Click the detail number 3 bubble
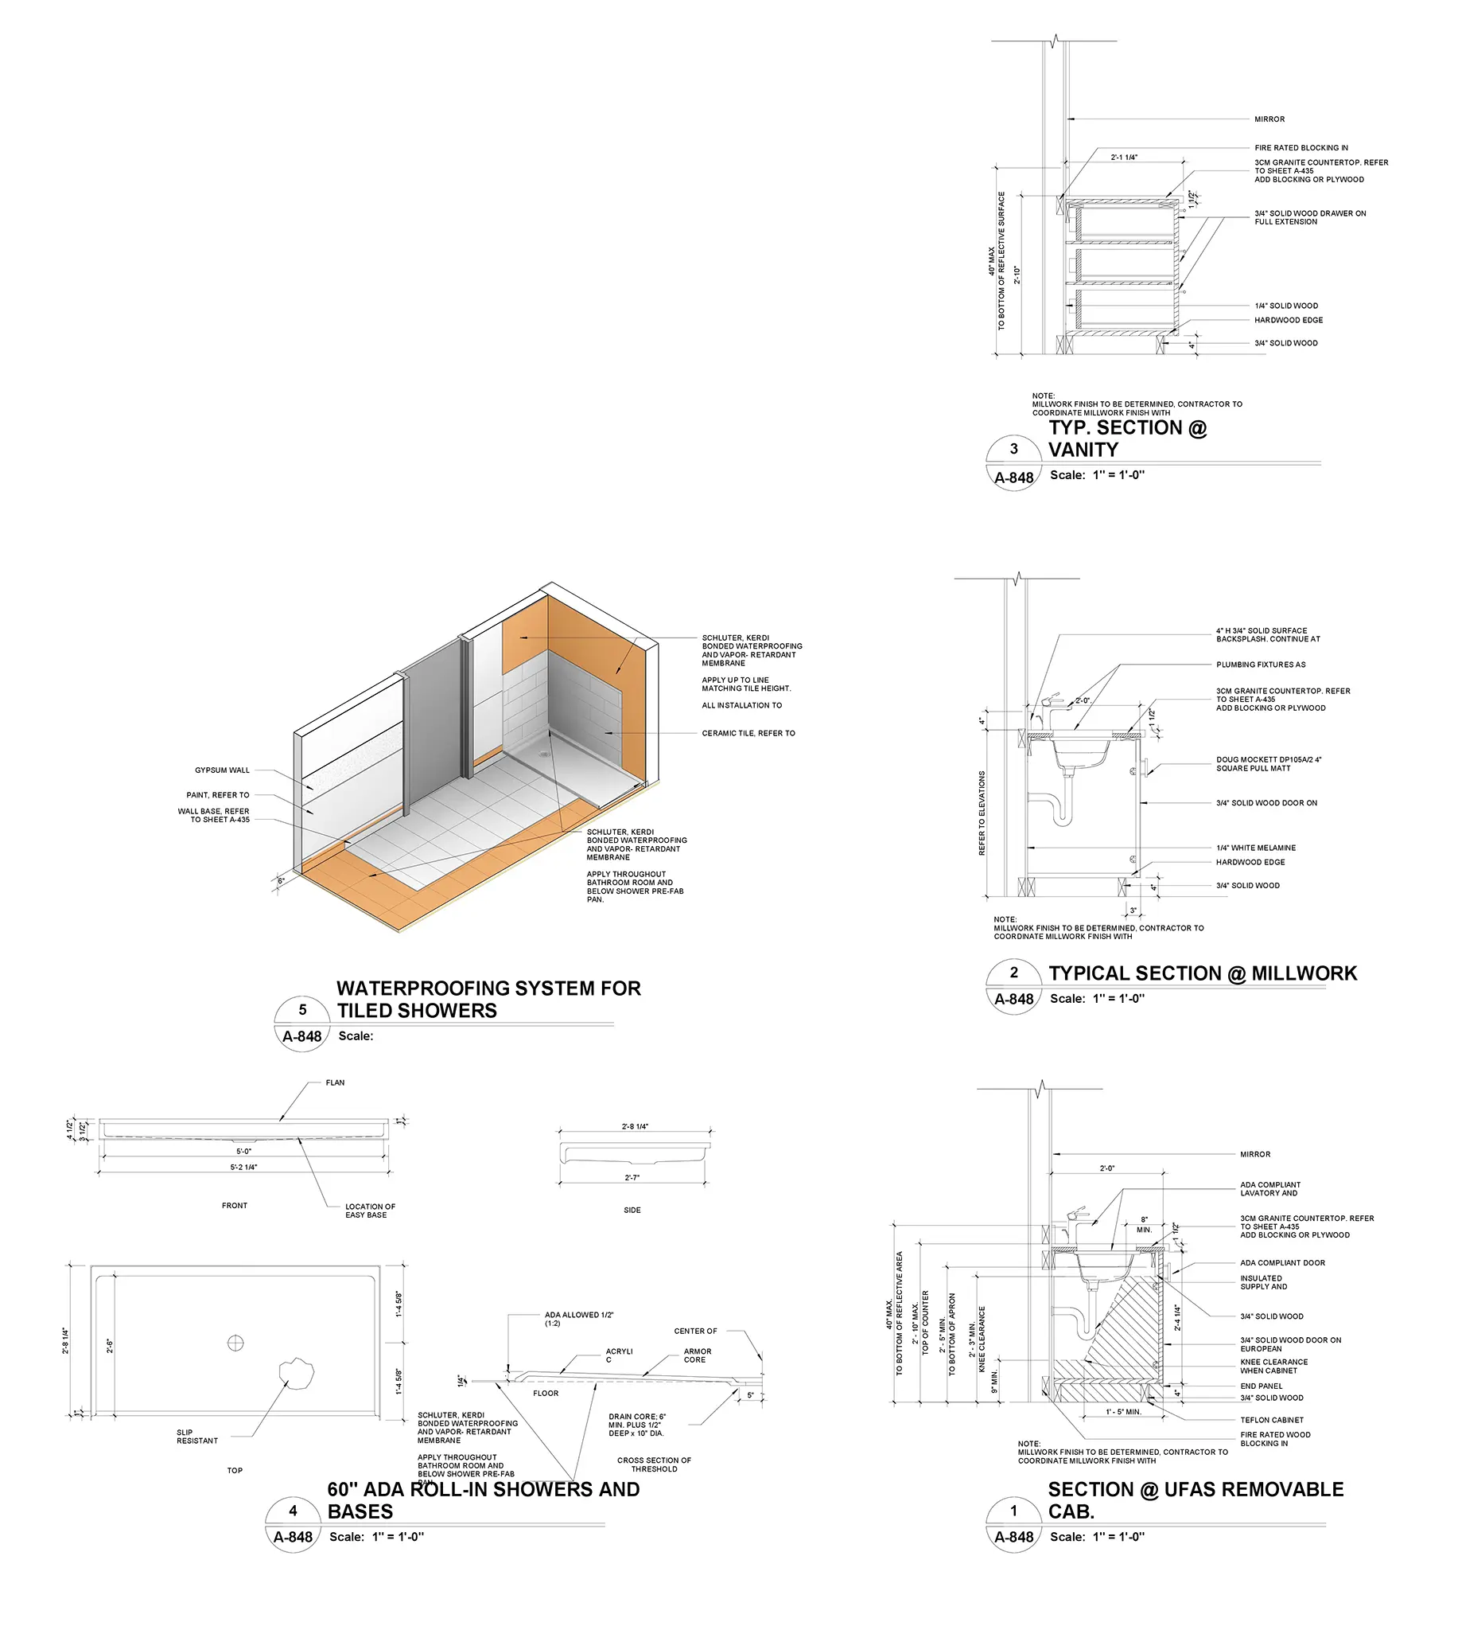tap(1013, 449)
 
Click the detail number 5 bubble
tap(302, 1010)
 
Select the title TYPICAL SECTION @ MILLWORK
tap(1203, 973)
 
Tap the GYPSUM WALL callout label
tap(222, 770)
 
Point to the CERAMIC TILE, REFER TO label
tap(748, 733)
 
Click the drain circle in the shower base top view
tap(235, 1343)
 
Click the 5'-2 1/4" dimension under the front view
tap(243, 1167)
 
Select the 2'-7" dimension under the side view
tap(632, 1177)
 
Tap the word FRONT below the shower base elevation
tap(235, 1205)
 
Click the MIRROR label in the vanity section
tap(1269, 119)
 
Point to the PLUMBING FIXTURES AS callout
tap(1260, 665)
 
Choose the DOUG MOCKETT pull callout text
tap(1268, 764)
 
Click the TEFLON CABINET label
tap(1271, 1420)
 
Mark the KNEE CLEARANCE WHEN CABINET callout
tap(1273, 1367)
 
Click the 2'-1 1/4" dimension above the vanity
tap(1124, 157)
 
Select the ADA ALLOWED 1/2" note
tap(578, 1319)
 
